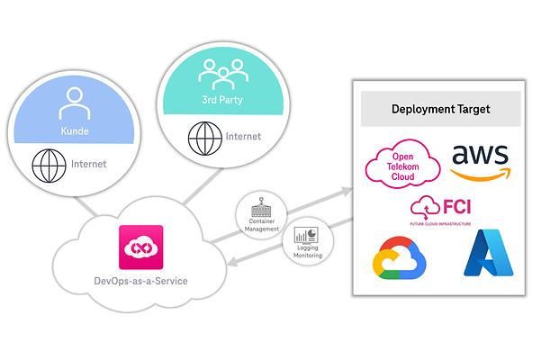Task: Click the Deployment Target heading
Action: [x=440, y=109]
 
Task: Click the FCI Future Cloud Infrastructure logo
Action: [x=440, y=210]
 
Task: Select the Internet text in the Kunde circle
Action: [x=88, y=165]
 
